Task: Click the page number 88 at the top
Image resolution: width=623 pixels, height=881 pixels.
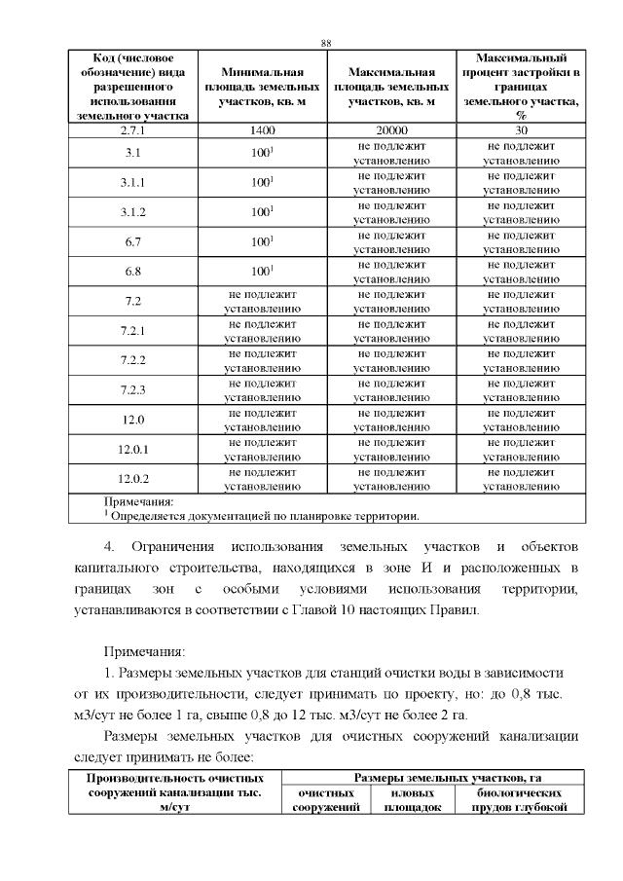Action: click(x=326, y=43)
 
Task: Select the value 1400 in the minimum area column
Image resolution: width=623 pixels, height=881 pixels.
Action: click(x=262, y=129)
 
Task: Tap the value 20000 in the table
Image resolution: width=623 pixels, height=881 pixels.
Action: click(x=391, y=129)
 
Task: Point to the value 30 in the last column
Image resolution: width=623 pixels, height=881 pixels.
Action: click(x=521, y=129)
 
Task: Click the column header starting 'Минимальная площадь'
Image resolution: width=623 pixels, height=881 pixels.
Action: click(x=262, y=87)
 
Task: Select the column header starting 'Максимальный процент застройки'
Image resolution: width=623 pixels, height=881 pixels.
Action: click(x=521, y=87)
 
